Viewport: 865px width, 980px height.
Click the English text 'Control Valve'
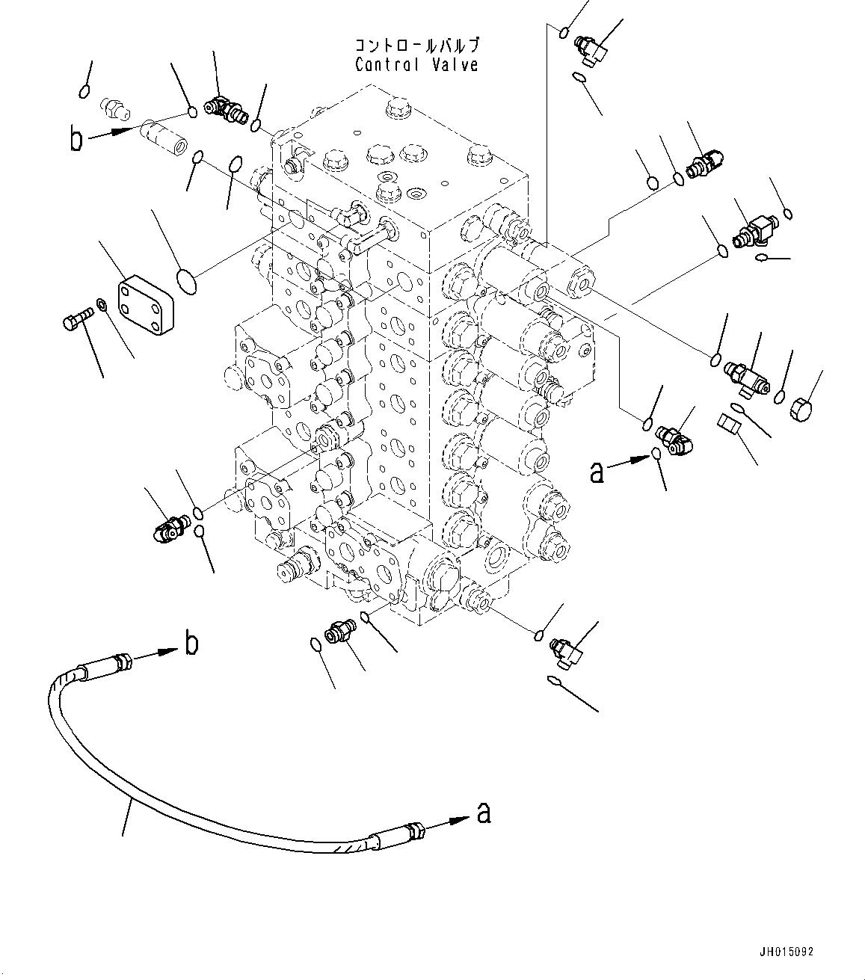click(416, 65)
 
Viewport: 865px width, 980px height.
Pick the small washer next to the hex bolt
click(101, 306)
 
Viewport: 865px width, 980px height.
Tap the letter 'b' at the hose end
click(192, 644)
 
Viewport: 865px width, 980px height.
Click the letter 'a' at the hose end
click(484, 813)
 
